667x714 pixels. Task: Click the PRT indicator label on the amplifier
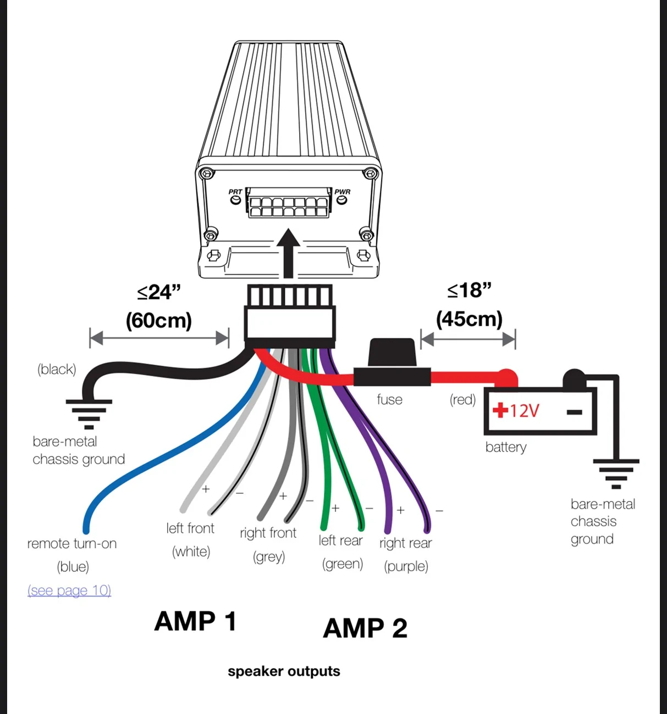tap(235, 192)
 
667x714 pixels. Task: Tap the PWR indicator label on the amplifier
tap(342, 192)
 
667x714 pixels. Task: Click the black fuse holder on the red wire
tap(392, 362)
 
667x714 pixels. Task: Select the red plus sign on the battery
tap(500, 410)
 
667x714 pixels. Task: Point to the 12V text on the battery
tap(525, 411)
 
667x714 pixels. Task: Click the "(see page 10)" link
tap(69, 590)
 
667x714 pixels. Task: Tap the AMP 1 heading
tap(195, 621)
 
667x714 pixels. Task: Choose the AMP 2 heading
tap(365, 628)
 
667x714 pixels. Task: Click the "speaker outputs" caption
tap(284, 671)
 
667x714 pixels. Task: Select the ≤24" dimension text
tap(159, 292)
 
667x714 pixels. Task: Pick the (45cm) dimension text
tap(469, 319)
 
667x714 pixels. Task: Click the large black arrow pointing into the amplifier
tap(288, 253)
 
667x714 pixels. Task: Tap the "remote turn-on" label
tap(72, 544)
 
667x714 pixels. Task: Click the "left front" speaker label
tap(190, 528)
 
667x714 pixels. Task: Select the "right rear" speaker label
tap(406, 543)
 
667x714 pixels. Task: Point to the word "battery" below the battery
tap(506, 447)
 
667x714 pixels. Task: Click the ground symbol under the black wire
tap(89, 414)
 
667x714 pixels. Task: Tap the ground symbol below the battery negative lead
tap(616, 474)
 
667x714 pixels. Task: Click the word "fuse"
tap(389, 399)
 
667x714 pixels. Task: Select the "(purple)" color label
tap(406, 566)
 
